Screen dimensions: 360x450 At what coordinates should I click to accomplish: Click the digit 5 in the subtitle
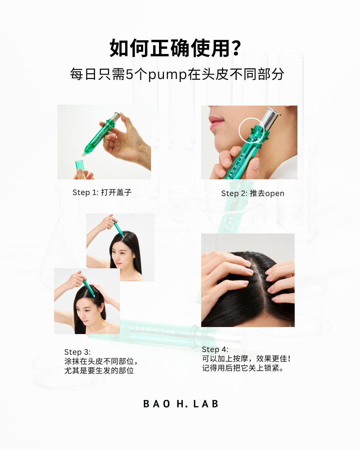[x=129, y=74]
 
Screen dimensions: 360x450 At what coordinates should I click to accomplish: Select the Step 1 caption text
[x=102, y=192]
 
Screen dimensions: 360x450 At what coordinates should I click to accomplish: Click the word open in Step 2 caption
[x=274, y=194]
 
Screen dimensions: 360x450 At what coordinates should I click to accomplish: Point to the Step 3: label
[x=77, y=352]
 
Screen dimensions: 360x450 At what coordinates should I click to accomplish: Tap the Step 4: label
[x=215, y=349]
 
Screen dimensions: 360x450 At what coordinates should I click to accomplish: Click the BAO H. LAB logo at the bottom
[x=181, y=404]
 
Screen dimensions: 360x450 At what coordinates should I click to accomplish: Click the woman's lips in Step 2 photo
[x=216, y=123]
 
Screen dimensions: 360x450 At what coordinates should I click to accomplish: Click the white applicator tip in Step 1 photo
[x=84, y=154]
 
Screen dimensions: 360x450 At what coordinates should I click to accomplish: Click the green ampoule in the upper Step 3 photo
[x=118, y=228]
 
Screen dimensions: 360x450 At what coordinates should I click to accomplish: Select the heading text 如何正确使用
[x=170, y=48]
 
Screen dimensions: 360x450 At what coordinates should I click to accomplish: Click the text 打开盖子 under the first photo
[x=116, y=192]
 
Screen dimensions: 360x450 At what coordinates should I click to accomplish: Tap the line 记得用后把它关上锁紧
[x=243, y=368]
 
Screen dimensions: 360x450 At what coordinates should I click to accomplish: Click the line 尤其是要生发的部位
[x=99, y=371]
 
